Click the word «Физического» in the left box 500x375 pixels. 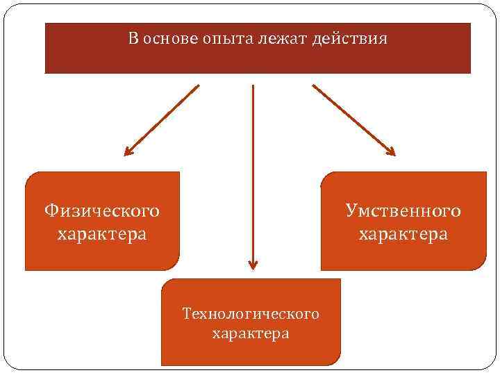click(101, 210)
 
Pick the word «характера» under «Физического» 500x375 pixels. click(102, 233)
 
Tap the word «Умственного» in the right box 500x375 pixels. click(403, 210)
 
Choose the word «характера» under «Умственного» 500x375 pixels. click(403, 234)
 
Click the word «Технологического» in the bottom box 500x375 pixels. click(251, 314)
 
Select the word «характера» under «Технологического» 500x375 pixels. click(251, 334)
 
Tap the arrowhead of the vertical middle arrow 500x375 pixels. click(253, 265)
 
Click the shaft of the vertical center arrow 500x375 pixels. click(253, 174)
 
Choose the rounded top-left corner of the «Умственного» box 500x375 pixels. click(326, 178)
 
